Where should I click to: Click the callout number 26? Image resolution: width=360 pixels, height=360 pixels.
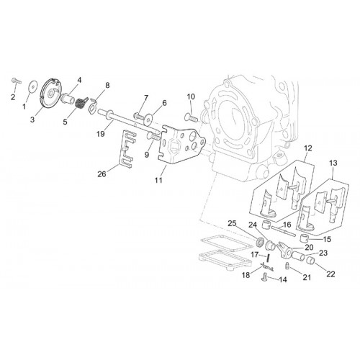point(102,174)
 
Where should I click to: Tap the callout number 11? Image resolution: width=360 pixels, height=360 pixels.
point(158,180)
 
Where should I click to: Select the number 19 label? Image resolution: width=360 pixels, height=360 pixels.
point(101,134)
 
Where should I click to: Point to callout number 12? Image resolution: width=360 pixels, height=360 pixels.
point(308,148)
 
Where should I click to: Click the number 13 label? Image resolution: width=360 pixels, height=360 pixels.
point(333,163)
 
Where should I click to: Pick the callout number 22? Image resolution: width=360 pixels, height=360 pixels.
point(330,274)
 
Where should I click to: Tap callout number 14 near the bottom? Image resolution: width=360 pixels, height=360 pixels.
point(283,279)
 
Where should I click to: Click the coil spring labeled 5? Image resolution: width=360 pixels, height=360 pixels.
point(79,104)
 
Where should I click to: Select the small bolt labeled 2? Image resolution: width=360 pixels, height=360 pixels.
point(16,81)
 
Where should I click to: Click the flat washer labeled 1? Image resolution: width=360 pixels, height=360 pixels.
point(32,86)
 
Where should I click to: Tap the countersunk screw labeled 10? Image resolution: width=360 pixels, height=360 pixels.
point(191,117)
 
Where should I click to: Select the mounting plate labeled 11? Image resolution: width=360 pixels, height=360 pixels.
point(182,145)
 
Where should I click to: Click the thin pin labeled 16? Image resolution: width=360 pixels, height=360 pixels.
point(283,230)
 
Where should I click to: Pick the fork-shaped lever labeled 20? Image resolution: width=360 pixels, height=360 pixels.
point(285,251)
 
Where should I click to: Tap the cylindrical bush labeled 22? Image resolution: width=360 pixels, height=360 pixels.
point(311,260)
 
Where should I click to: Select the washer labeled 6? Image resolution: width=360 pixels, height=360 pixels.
point(148,120)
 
